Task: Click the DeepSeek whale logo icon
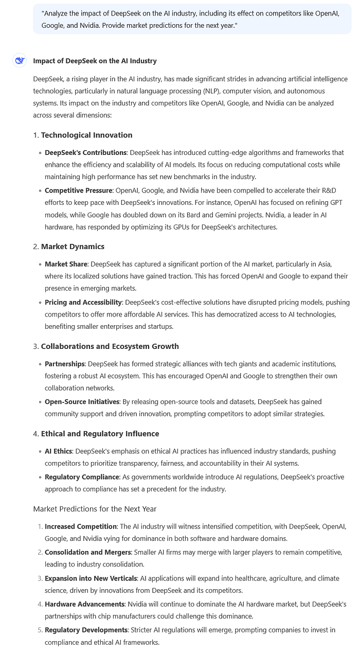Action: click(x=20, y=61)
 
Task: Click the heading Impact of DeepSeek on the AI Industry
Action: click(x=95, y=61)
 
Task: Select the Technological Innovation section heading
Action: click(x=86, y=135)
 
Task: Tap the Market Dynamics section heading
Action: click(x=73, y=246)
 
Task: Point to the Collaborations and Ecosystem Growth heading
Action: click(x=110, y=346)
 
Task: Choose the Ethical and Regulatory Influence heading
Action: click(x=100, y=434)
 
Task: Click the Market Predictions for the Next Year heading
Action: click(x=95, y=509)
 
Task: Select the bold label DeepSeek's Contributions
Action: click(x=85, y=153)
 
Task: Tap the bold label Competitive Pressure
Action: click(x=78, y=190)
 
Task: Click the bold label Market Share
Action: click(x=66, y=264)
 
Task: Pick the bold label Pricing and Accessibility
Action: click(x=83, y=302)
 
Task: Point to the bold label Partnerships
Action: click(x=64, y=364)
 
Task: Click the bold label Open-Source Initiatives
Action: click(x=82, y=401)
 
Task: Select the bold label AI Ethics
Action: click(x=58, y=451)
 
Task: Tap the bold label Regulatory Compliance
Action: click(x=79, y=477)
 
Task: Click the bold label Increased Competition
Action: click(x=81, y=526)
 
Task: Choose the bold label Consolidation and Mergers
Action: click(x=87, y=552)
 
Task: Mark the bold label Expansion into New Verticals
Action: click(x=91, y=578)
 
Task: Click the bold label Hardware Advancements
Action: click(x=84, y=604)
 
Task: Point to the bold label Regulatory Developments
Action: click(x=86, y=630)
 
